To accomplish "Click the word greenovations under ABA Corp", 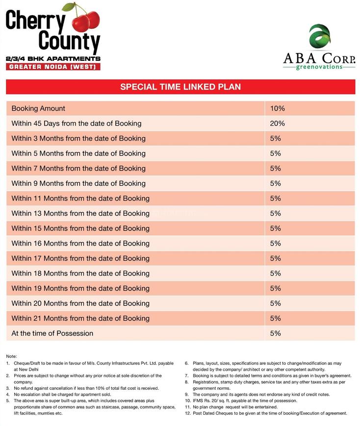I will click(x=319, y=67).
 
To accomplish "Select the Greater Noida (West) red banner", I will click(x=53, y=67).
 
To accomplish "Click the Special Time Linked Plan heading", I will click(x=180, y=87).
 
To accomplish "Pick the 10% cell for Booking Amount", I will click(x=277, y=108).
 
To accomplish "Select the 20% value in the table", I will click(x=277, y=124).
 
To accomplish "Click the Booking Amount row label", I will click(x=38, y=108).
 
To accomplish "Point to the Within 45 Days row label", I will click(x=76, y=124).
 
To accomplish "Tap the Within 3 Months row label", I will click(x=78, y=138).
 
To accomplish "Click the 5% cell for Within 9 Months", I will click(x=275, y=183).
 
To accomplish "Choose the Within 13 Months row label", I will click(x=80, y=213).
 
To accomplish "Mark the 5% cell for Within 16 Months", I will click(x=275, y=243).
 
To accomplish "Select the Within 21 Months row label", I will click(x=80, y=318).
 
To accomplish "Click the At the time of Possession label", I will click(x=52, y=333).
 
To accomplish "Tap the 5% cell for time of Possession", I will click(x=275, y=333).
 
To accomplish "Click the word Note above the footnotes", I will click(x=11, y=355).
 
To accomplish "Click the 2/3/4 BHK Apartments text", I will click(x=53, y=58).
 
